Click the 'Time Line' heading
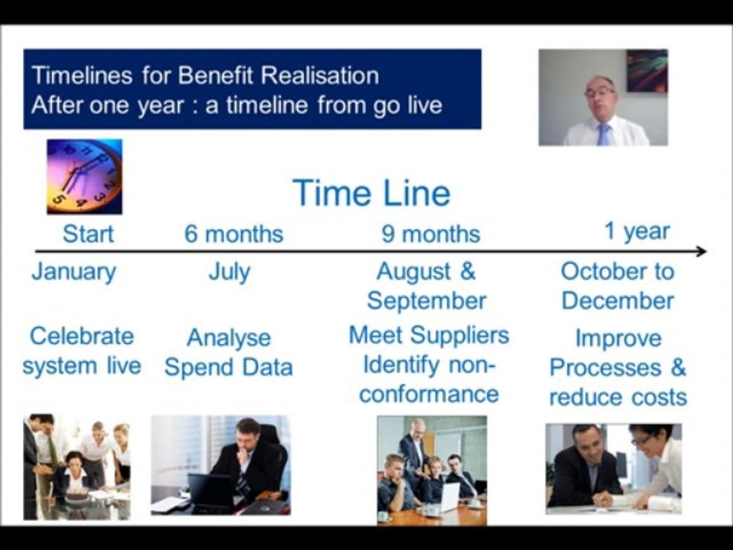(x=371, y=192)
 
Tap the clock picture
(x=84, y=176)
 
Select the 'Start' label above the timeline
(x=88, y=234)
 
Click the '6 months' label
(x=234, y=234)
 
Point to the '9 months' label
(x=431, y=234)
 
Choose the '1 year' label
(x=637, y=231)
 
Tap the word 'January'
(x=74, y=272)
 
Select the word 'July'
(x=229, y=272)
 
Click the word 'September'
(x=426, y=302)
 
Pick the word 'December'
(x=618, y=301)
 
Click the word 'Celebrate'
(x=82, y=336)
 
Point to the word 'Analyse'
(x=228, y=338)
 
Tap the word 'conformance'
(x=428, y=394)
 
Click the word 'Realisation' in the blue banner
(x=320, y=76)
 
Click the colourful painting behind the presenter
(x=647, y=70)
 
